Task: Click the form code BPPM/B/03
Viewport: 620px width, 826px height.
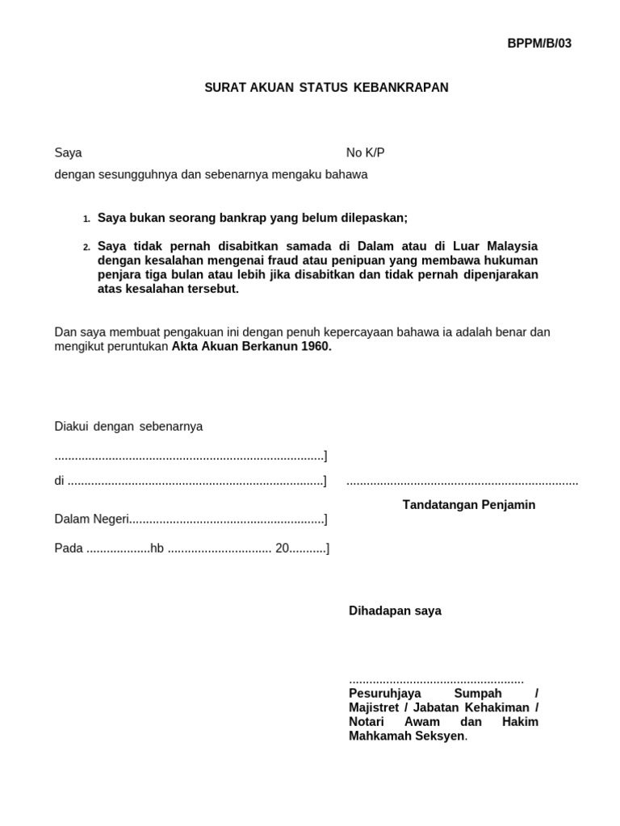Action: click(538, 44)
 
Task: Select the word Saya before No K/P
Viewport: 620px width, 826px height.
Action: click(68, 152)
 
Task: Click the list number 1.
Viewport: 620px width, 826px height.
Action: click(86, 219)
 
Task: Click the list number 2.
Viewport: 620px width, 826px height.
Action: click(86, 247)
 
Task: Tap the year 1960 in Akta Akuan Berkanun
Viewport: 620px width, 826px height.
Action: click(315, 347)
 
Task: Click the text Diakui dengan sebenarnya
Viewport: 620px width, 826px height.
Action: click(128, 427)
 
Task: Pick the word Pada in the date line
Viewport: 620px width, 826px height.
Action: click(69, 549)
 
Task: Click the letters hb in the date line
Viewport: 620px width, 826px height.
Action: click(157, 549)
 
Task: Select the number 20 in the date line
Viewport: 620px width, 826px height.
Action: click(282, 549)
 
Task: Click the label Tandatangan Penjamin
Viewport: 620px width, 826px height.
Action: click(469, 505)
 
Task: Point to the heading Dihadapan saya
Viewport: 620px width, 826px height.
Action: click(395, 611)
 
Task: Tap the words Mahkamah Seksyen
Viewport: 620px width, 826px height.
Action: click(406, 736)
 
